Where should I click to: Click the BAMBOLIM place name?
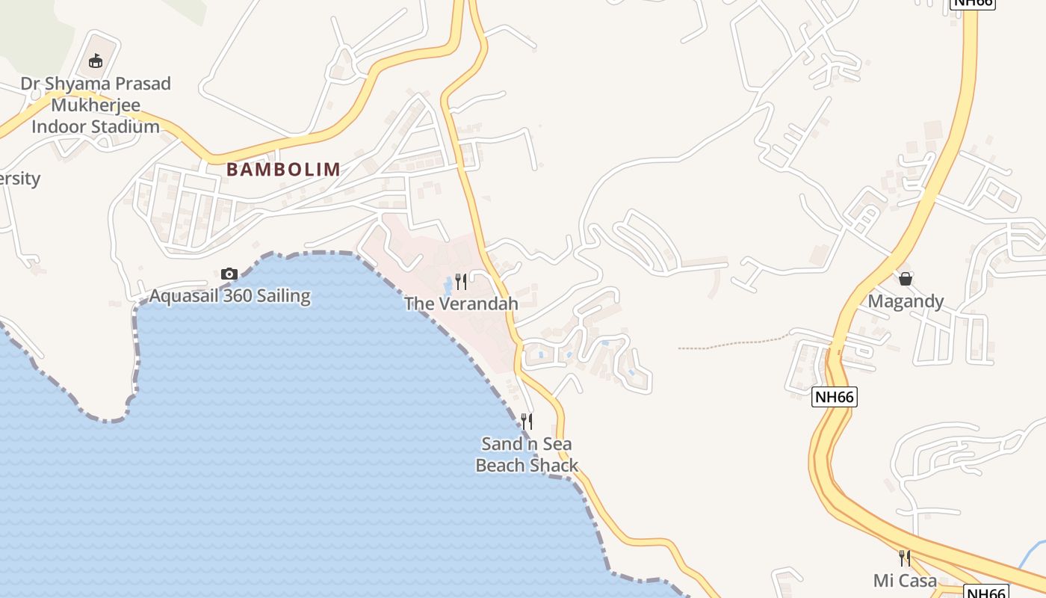283,170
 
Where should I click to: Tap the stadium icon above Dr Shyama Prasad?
96,61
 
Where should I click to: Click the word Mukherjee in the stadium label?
96,105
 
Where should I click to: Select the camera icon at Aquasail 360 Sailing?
229,274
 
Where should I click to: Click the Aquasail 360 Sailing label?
229,296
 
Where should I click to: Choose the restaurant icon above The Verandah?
461,282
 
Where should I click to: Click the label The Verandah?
461,303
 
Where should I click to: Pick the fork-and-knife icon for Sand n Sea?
527,422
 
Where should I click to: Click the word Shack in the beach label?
553,466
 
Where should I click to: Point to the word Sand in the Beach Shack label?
501,444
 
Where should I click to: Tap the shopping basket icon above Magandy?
906,279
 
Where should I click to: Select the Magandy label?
906,301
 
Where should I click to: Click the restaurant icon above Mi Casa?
904,558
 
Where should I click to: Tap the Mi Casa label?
904,580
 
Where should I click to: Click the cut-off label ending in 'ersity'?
19,179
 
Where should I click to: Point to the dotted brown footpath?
732,345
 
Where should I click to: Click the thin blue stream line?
1033,556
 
